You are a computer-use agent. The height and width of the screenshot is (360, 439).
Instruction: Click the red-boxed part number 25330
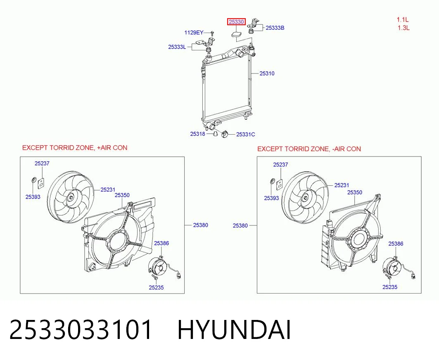coord(236,21)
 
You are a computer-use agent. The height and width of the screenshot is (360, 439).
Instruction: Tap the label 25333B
coord(275,28)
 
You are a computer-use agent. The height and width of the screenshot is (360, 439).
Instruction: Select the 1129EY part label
coord(194,33)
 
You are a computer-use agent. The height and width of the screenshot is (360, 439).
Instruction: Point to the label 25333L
coord(177,47)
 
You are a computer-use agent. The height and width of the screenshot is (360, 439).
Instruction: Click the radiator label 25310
coord(267,73)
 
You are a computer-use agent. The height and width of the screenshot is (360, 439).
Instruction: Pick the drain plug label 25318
coord(198,134)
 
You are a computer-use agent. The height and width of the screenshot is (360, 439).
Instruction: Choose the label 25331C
coord(246,134)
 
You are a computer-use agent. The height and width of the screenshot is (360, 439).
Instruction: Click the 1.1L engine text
coord(402,19)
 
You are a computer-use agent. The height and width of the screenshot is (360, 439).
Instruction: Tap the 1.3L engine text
coord(403,28)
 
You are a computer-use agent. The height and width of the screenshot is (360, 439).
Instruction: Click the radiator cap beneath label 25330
coord(235,35)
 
